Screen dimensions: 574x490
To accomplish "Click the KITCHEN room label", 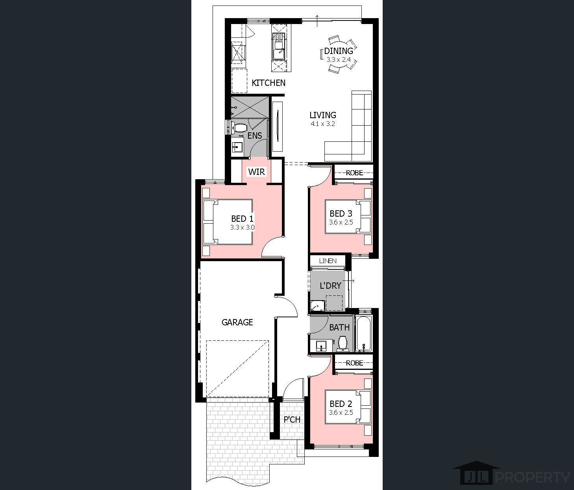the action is [268, 83].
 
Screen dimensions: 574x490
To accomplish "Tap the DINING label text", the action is [339, 51].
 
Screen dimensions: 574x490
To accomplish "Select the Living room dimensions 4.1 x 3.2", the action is [323, 124].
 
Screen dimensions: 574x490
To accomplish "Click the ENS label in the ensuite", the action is [255, 135].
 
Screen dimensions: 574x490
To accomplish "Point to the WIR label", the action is [257, 172].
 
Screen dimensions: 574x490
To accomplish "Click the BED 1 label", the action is [242, 219].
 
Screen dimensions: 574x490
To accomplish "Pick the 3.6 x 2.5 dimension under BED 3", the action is [341, 222].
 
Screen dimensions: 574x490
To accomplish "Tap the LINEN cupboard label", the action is [328, 261].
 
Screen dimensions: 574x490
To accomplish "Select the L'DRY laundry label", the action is [330, 286].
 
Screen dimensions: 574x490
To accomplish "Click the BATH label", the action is [339, 327].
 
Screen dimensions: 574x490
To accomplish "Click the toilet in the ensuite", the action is [240, 128].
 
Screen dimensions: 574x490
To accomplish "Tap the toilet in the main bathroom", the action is [343, 344].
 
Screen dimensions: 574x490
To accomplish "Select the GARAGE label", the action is [237, 322].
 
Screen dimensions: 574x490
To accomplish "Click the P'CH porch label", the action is [292, 419].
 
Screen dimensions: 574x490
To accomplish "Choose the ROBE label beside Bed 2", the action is [354, 363].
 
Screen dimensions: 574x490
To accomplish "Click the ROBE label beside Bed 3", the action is [354, 173].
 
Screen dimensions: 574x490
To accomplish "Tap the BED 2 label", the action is [341, 404].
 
